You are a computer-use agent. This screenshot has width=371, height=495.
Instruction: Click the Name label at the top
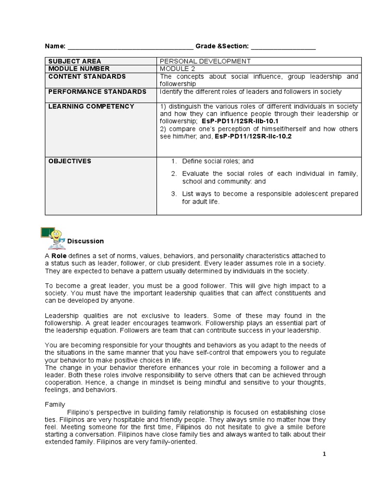[55, 46]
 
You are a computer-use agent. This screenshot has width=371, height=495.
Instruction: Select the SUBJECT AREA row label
[74, 61]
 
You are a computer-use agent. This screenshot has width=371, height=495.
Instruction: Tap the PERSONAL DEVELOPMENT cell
[205, 61]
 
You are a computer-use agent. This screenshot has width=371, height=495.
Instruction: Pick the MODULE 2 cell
[178, 69]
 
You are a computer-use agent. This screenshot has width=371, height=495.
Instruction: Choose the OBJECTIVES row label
[70, 161]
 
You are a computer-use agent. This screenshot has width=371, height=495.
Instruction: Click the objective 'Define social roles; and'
[217, 161]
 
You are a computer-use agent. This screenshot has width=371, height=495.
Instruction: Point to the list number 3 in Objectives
[174, 194]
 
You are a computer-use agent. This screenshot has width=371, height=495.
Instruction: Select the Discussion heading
[86, 241]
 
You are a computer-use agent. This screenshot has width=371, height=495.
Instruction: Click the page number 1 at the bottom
[325, 454]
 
